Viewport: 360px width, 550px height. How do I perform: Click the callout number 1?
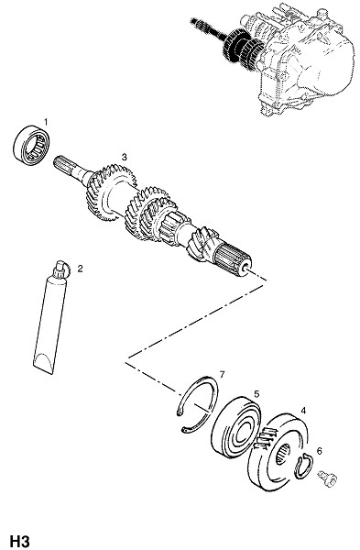pyautogui.click(x=46, y=121)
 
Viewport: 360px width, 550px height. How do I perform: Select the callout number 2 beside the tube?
pyautogui.click(x=80, y=269)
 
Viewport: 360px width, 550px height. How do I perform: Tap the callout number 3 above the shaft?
pyautogui.click(x=125, y=157)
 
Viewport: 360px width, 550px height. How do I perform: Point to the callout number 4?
pyautogui.click(x=303, y=411)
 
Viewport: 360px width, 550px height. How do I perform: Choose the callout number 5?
pyautogui.click(x=256, y=394)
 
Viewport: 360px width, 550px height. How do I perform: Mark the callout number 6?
pyautogui.click(x=319, y=451)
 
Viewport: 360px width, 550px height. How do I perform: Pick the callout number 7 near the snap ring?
pyautogui.click(x=222, y=375)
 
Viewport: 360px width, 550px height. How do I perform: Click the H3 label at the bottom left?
pyautogui.click(x=20, y=541)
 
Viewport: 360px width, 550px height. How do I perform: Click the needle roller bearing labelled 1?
pyautogui.click(x=31, y=145)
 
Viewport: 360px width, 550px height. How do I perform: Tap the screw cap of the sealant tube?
pyautogui.click(x=61, y=270)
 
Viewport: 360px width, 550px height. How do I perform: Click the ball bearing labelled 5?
pyautogui.click(x=236, y=427)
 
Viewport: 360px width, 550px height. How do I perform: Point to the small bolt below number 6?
pyautogui.click(x=327, y=478)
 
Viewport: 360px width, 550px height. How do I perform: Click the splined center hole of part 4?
pyautogui.click(x=283, y=454)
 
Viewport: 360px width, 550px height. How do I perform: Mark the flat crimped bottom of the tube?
pyautogui.click(x=43, y=366)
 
